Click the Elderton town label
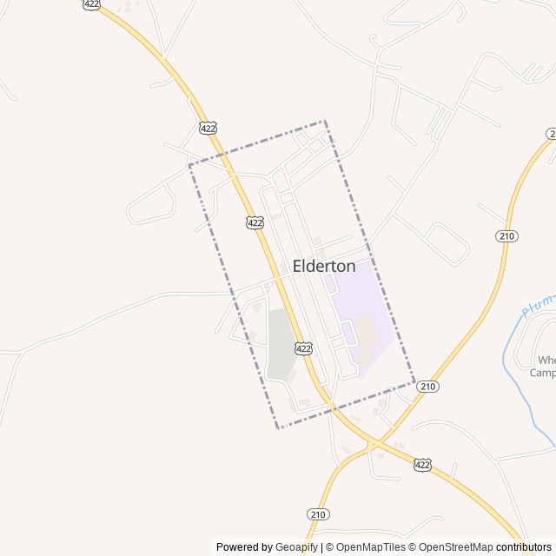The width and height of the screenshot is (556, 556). pyautogui.click(x=324, y=267)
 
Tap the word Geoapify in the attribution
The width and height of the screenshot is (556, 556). pyautogui.click(x=297, y=547)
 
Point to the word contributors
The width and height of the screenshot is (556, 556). pyautogui.click(x=524, y=547)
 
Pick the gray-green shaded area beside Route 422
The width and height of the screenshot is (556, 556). pyautogui.click(x=280, y=346)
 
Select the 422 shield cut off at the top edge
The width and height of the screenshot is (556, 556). pyautogui.click(x=92, y=4)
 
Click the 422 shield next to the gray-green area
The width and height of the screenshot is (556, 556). pyautogui.click(x=302, y=348)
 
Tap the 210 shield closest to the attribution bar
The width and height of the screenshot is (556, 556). pyautogui.click(x=318, y=514)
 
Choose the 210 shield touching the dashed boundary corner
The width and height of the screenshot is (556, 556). pyautogui.click(x=427, y=387)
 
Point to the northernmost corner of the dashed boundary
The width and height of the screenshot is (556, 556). pyautogui.click(x=325, y=121)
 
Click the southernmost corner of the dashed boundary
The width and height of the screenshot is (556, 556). pyautogui.click(x=278, y=427)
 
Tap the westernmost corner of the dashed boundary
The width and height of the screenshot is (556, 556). pyautogui.click(x=189, y=165)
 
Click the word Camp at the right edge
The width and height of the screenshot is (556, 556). pyautogui.click(x=543, y=374)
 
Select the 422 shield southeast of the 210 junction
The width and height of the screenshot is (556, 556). pyautogui.click(x=422, y=465)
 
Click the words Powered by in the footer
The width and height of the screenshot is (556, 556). pyautogui.click(x=243, y=547)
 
